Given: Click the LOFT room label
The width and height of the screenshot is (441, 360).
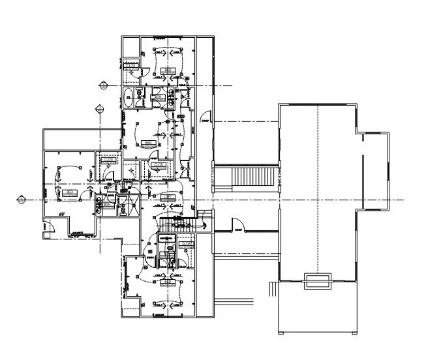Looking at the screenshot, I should click(x=166, y=196).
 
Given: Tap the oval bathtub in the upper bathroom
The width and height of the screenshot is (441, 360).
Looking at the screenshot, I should click(x=129, y=98).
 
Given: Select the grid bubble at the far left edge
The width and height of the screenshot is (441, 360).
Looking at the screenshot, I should click(x=21, y=199).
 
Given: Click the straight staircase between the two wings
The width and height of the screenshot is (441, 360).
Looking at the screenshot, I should click(x=246, y=177).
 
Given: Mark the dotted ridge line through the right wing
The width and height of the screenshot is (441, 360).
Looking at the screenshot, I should click(x=318, y=189).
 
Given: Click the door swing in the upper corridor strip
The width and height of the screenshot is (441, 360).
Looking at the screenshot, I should click(x=204, y=118).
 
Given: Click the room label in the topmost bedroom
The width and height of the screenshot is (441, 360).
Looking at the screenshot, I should click(x=168, y=70).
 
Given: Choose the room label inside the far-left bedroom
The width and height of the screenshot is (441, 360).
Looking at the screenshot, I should click(x=68, y=192).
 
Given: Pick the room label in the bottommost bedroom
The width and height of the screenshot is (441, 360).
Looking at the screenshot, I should click(x=168, y=281).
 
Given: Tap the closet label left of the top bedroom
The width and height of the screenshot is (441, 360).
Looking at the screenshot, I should click(x=130, y=66).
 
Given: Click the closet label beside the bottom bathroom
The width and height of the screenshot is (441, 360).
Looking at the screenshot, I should click(x=187, y=244).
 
